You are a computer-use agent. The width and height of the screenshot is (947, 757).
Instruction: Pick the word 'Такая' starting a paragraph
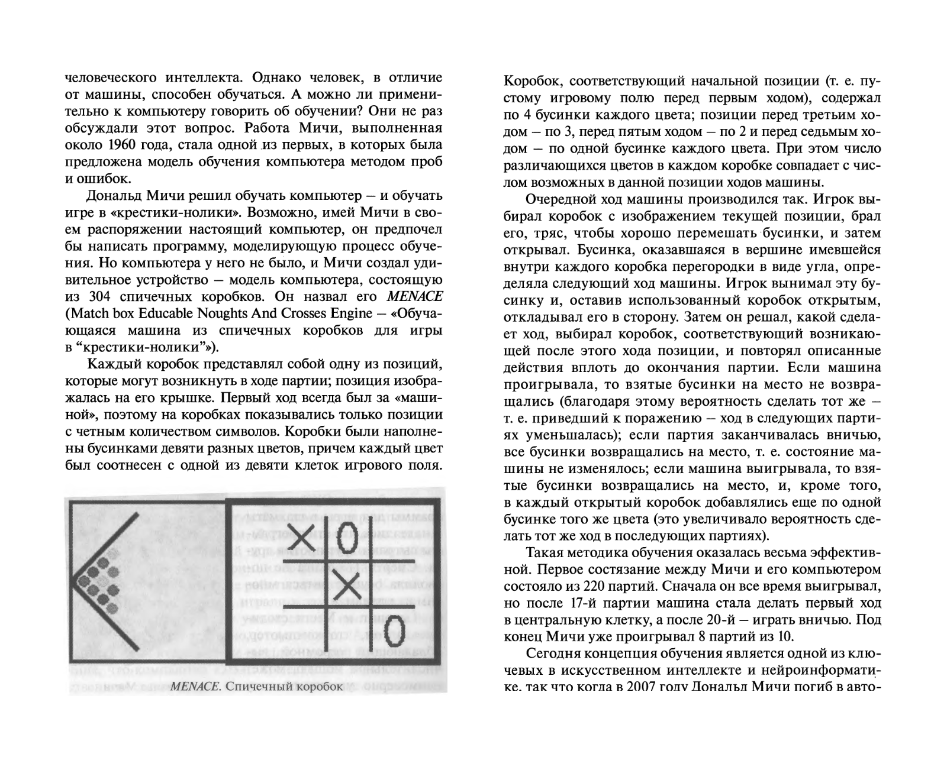coord(543,554)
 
